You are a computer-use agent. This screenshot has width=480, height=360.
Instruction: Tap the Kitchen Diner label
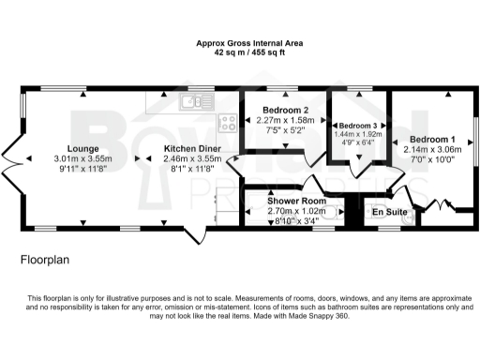192,148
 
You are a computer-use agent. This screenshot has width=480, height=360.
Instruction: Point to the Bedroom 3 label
359,126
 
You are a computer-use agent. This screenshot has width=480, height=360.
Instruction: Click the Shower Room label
295,202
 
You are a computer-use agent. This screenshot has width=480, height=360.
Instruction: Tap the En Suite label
390,213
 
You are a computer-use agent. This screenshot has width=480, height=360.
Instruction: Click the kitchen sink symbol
199,103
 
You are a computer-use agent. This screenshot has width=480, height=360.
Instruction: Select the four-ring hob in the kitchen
227,121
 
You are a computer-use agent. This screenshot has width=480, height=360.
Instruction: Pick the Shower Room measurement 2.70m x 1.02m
295,212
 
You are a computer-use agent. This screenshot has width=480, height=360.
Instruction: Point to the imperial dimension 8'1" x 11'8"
192,171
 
